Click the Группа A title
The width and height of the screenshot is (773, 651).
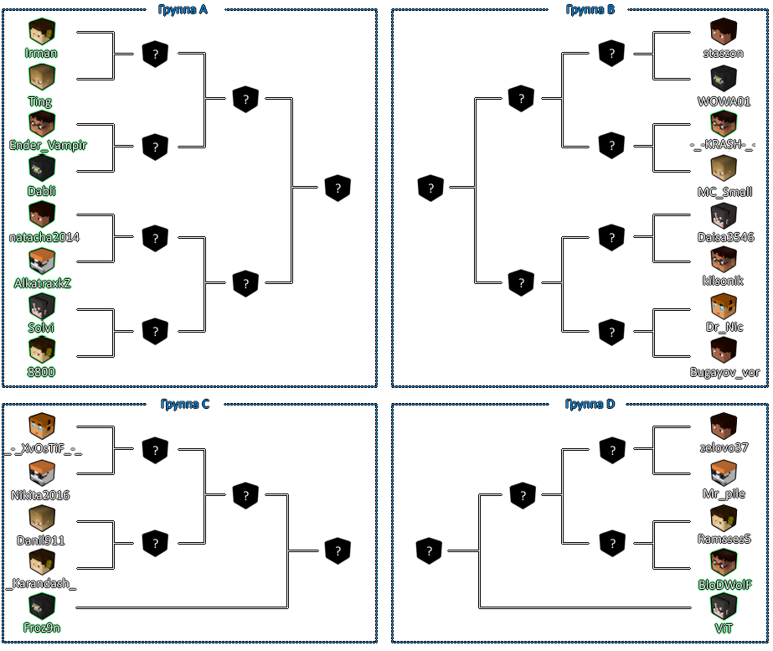[x=183, y=9]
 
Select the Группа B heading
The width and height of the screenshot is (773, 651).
[x=590, y=9]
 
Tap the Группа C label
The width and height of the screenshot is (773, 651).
[x=185, y=404]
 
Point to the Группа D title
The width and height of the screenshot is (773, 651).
[x=590, y=404]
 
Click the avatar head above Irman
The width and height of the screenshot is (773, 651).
[x=42, y=32]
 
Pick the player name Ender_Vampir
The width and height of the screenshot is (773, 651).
[x=48, y=144]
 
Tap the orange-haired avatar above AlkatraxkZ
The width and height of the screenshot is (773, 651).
[x=42, y=261]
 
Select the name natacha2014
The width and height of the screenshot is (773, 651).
[x=44, y=237]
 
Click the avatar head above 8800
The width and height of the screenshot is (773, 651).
[x=42, y=349]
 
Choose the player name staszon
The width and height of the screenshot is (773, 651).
[x=724, y=53]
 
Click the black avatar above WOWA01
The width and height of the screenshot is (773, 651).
[x=724, y=79]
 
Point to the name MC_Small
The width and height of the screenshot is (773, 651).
[x=724, y=191]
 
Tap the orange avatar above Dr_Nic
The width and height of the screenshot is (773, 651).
[x=724, y=307]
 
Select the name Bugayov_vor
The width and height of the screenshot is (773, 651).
[x=724, y=372]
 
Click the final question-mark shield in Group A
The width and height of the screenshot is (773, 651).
[x=338, y=188]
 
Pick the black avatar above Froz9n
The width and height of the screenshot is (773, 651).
[x=42, y=606]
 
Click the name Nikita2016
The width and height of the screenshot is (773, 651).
[x=40, y=494]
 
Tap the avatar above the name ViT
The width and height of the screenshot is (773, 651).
[x=724, y=606]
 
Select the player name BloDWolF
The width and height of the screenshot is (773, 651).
[x=724, y=585]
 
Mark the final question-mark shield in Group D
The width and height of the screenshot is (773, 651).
[x=429, y=550]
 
